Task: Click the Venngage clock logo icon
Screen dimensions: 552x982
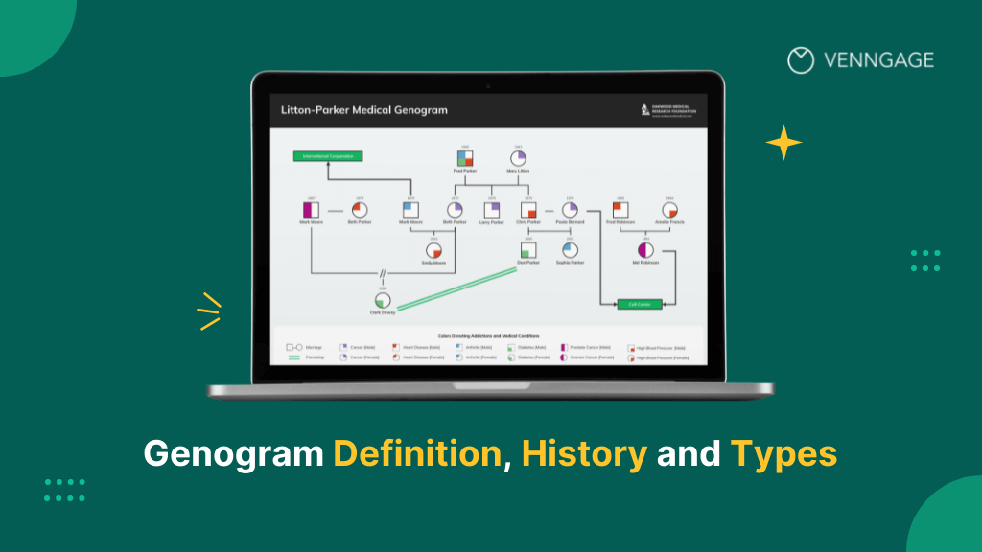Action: [x=800, y=60]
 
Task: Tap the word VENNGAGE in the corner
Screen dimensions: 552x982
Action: [x=878, y=60]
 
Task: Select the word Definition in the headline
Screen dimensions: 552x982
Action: [x=418, y=453]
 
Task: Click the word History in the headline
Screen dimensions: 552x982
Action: [x=584, y=453]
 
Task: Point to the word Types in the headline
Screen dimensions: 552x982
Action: [x=783, y=453]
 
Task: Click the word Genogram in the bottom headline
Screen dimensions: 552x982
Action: [x=233, y=453]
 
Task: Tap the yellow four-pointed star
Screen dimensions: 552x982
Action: [x=783, y=143]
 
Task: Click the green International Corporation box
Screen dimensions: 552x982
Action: [x=328, y=155]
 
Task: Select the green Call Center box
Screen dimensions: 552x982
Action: [x=633, y=303]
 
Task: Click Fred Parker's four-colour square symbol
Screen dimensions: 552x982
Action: [x=464, y=158]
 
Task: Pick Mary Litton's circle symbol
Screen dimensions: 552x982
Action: [x=518, y=158]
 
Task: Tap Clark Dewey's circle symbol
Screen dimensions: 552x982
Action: [x=383, y=300]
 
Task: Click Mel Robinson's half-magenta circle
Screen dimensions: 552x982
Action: [x=645, y=249]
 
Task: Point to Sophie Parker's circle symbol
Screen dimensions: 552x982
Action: [x=570, y=250]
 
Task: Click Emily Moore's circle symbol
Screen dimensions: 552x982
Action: [x=433, y=250]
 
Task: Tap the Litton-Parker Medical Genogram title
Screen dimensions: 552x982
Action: [x=363, y=110]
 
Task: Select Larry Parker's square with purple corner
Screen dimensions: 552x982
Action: [x=492, y=209]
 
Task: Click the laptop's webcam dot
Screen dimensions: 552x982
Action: [x=487, y=86]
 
